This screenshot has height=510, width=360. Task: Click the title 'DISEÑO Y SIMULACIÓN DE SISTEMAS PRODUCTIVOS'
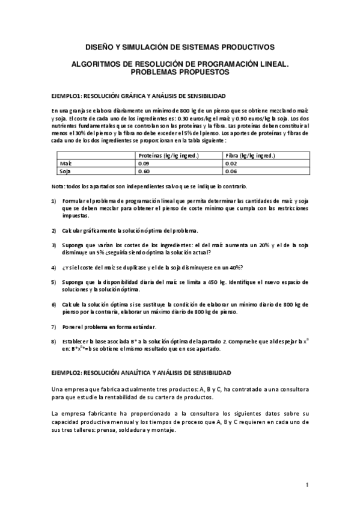[180, 46]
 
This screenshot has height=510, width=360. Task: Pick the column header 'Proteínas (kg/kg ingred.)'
[168, 155]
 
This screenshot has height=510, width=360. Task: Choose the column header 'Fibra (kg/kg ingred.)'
[250, 155]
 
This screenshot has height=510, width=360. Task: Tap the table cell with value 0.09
[144, 163]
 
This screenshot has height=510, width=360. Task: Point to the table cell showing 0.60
[144, 171]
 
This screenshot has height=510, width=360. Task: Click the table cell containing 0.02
[230, 163]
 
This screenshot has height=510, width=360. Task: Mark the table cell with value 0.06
[230, 171]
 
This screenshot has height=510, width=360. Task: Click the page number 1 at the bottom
[307, 485]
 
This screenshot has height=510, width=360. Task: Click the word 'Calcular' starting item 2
[76, 230]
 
